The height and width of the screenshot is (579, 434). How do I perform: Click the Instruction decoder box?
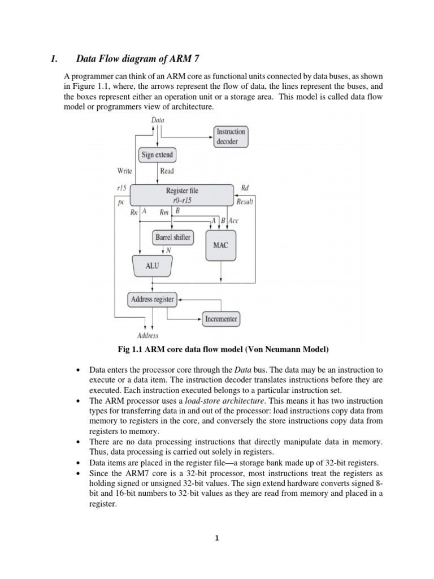click(x=231, y=136)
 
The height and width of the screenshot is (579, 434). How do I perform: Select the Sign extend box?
click(x=157, y=154)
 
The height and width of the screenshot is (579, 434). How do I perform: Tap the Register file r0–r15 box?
click(x=182, y=195)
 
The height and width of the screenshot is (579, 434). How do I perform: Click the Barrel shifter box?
click(x=172, y=237)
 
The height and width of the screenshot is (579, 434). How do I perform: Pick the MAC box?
click(x=221, y=245)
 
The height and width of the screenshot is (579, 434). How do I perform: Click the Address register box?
click(x=152, y=299)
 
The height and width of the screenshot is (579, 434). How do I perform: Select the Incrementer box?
click(x=221, y=319)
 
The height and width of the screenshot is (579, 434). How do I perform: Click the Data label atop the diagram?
click(x=158, y=119)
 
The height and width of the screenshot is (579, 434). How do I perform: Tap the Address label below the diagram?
click(x=149, y=335)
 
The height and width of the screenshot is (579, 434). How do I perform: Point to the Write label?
click(x=124, y=171)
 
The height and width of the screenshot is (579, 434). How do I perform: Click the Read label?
click(x=167, y=171)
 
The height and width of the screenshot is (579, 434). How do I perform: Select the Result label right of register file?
click(x=245, y=201)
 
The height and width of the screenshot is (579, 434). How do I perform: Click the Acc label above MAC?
click(x=233, y=221)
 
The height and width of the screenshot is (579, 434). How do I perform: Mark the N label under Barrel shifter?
click(x=168, y=250)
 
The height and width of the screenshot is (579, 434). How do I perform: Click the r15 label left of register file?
click(x=121, y=188)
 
